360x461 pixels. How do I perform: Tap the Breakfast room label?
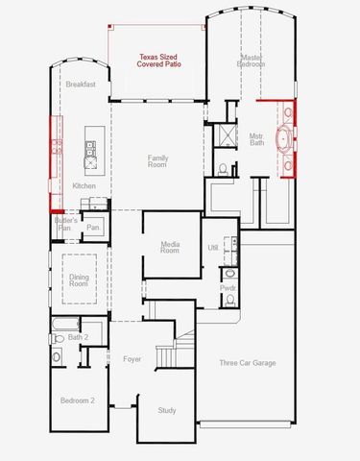coord(82,85)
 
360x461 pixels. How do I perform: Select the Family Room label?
coord(157,161)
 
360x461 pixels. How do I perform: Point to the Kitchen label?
coord(84,186)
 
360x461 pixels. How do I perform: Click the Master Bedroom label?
coord(252,63)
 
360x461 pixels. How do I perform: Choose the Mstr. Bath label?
coord(256,139)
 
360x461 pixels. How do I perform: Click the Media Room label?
coord(169,248)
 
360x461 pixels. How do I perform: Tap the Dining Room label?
coord(79,279)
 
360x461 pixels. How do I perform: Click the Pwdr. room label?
coord(228,287)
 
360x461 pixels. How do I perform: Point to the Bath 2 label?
coord(79,337)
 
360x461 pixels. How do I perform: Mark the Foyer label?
coord(132,360)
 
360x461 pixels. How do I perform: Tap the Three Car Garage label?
coord(248,363)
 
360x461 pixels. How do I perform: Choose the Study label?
coord(167,411)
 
